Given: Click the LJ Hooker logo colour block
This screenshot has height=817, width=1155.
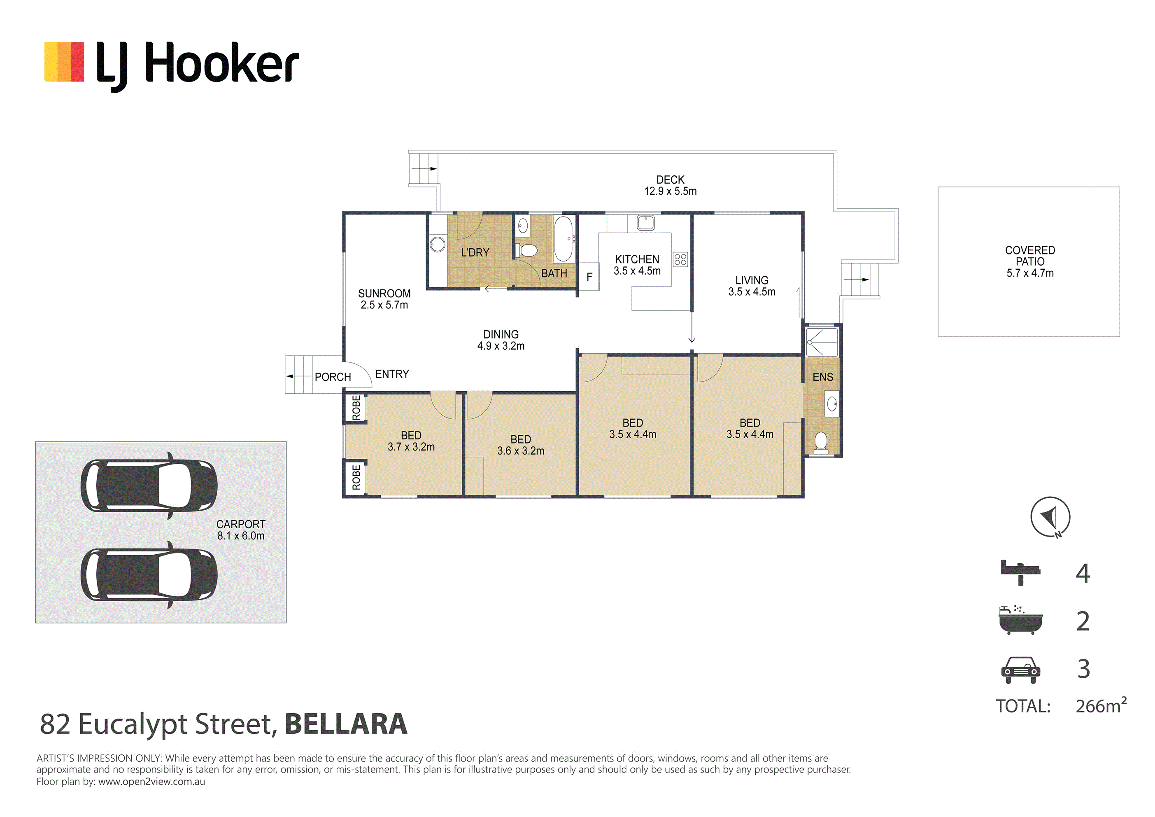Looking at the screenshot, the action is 64,61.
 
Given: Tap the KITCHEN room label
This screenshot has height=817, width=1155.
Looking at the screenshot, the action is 637,259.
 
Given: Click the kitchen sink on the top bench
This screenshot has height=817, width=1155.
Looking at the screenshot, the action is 645,222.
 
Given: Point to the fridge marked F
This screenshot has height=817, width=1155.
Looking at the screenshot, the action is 589,276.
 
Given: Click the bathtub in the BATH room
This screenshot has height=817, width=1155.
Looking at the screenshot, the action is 564,239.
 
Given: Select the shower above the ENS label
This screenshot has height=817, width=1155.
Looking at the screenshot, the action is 822,342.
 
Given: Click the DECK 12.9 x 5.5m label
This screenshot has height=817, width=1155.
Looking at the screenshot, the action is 670,185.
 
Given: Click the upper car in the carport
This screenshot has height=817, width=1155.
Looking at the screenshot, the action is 149,486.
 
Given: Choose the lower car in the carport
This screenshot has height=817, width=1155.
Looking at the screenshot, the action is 149,575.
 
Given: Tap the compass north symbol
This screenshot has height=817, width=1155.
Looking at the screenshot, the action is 1050,517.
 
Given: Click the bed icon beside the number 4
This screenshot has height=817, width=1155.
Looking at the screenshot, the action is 1020,572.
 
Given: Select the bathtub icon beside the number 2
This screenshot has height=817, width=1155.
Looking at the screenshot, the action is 1021,620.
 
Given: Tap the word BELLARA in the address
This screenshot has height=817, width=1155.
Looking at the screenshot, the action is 346,724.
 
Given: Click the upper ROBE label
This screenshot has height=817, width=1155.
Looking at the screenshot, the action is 356,408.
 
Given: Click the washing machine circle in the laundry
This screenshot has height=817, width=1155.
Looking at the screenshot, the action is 438,244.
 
